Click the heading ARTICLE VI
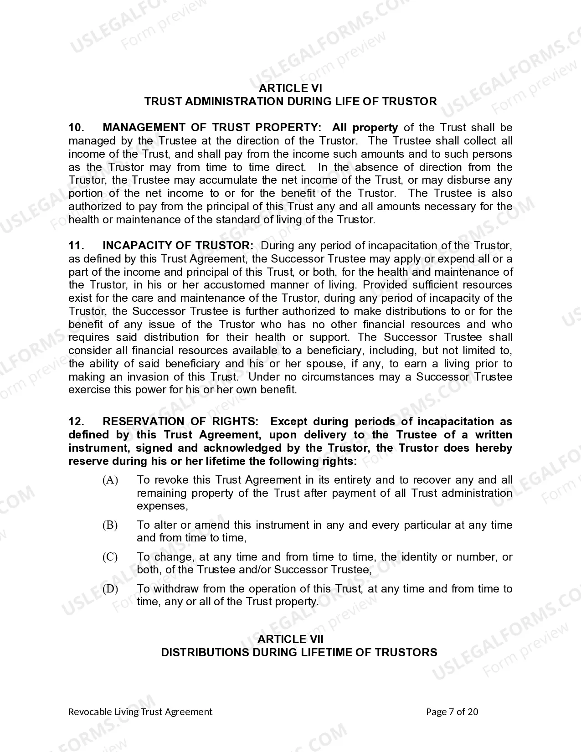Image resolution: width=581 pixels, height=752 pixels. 290,88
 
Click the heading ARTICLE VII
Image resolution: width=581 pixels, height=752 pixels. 290,639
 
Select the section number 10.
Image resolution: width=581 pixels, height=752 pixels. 76,128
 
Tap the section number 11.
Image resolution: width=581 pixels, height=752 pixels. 76,246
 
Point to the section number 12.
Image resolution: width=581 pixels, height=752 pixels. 76,422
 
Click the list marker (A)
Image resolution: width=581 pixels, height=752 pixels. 110,480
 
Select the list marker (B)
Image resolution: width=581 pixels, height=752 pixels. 110,525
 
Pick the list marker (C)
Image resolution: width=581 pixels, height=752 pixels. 110,557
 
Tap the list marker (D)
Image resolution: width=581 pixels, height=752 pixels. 110,589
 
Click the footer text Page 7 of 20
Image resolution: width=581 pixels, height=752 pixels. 452,712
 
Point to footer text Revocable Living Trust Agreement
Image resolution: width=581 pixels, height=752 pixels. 140,712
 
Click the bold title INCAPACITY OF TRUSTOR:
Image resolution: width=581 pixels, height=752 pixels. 178,246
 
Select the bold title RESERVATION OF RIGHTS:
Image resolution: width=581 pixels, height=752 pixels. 181,422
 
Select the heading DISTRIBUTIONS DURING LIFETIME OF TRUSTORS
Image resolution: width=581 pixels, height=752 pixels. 299,653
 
